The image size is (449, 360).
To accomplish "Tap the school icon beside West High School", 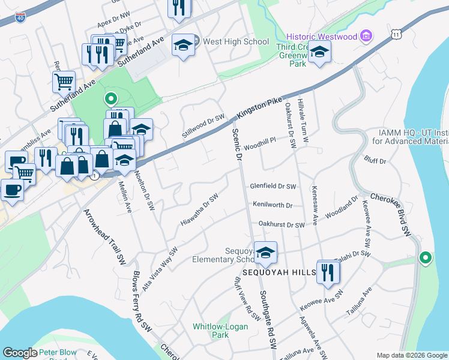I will (x=184, y=45).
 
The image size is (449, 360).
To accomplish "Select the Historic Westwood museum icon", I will (x=366, y=37).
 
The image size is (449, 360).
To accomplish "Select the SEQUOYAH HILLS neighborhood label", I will (x=283, y=272).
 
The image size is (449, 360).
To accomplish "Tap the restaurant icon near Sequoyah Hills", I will (x=329, y=273).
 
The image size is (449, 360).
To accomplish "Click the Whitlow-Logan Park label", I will (x=211, y=331).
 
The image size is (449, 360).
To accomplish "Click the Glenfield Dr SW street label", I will (x=273, y=187).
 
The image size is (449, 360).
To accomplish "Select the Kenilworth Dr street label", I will (x=272, y=205).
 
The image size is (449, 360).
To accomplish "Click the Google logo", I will (x=19, y=353).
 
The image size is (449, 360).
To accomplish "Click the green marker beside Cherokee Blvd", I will (x=426, y=259).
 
